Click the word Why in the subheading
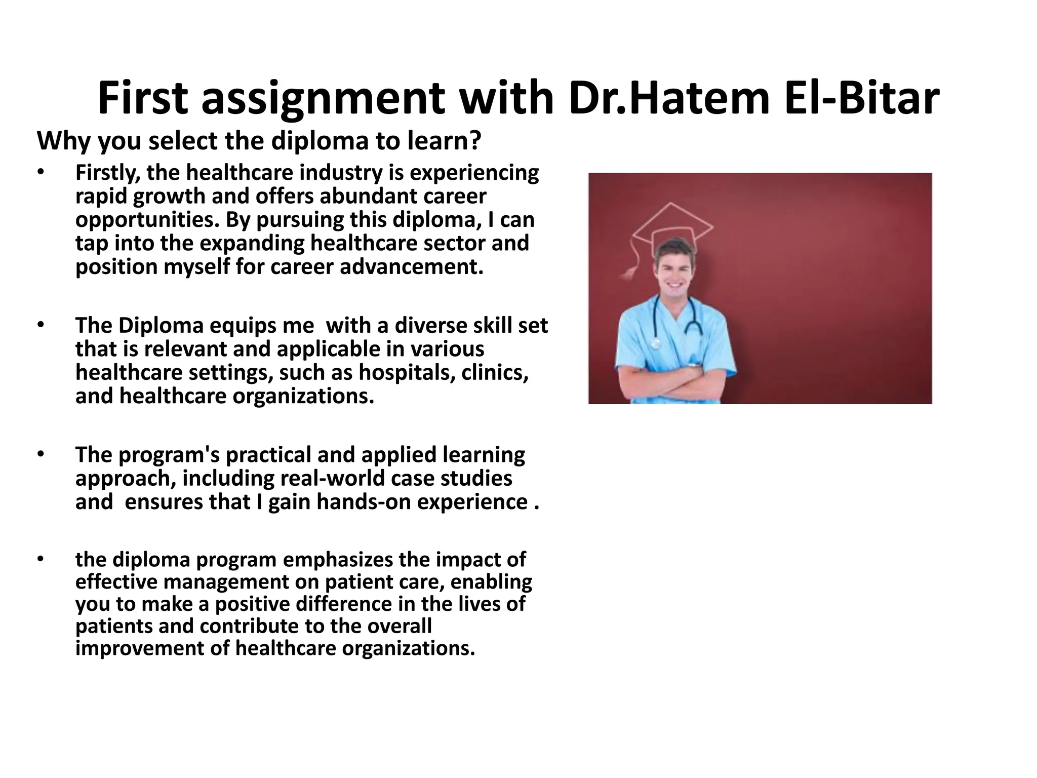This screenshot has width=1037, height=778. tap(64, 141)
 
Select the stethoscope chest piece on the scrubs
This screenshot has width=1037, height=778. tap(656, 343)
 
